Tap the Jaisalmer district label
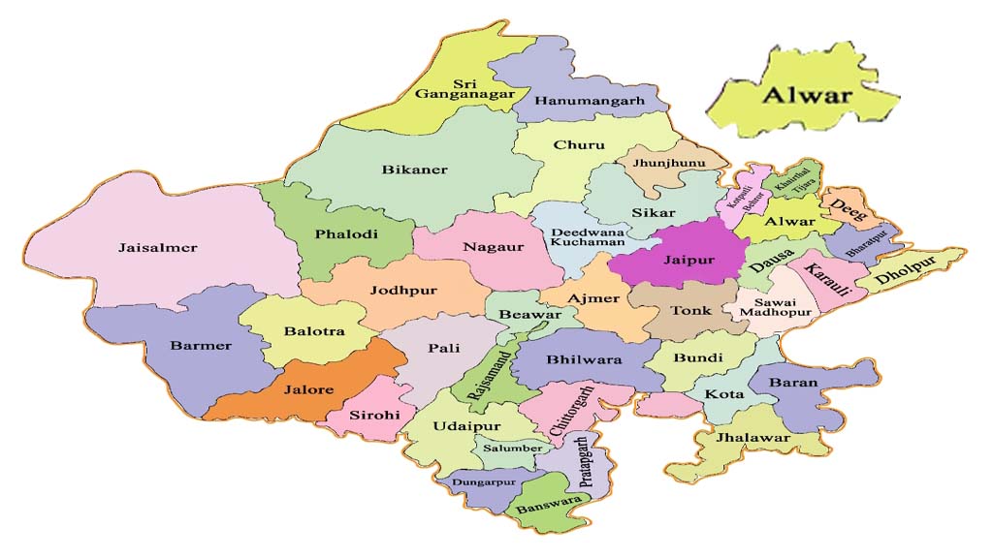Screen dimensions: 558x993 coord(157,248)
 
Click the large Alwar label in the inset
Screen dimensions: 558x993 coord(806,95)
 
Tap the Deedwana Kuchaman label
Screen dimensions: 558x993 coord(583,241)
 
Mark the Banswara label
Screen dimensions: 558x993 coord(549,506)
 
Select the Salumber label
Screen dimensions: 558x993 coord(512,449)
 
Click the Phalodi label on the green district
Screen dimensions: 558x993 coord(346,233)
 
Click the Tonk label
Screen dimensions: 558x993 coord(691,311)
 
